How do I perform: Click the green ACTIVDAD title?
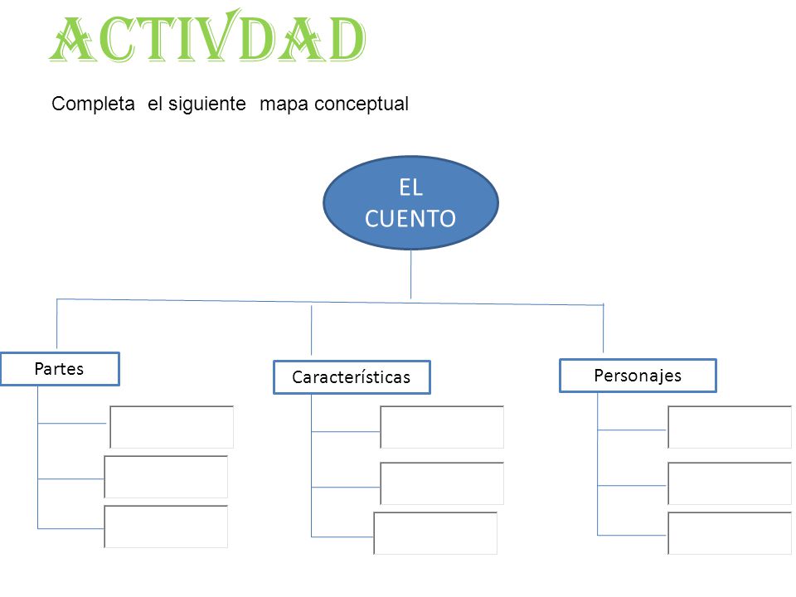(x=207, y=36)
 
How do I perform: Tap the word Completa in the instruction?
(x=94, y=104)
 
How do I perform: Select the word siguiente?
(x=206, y=104)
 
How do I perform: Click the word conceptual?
(x=362, y=104)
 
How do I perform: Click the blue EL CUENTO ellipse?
(x=410, y=202)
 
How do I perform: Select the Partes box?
(x=60, y=369)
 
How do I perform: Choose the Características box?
(x=352, y=377)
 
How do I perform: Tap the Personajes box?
(x=638, y=376)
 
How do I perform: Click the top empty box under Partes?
(x=172, y=427)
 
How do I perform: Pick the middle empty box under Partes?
(x=166, y=477)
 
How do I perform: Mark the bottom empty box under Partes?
(x=166, y=527)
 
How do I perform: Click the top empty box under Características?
(x=442, y=427)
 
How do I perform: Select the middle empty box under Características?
(x=442, y=483)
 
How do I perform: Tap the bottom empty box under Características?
(x=435, y=533)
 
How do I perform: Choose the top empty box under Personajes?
(x=730, y=427)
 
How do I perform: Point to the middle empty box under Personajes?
(x=730, y=483)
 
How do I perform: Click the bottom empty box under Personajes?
(x=730, y=533)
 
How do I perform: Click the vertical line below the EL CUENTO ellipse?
(x=410, y=274)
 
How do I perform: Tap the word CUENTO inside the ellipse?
(x=410, y=219)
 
